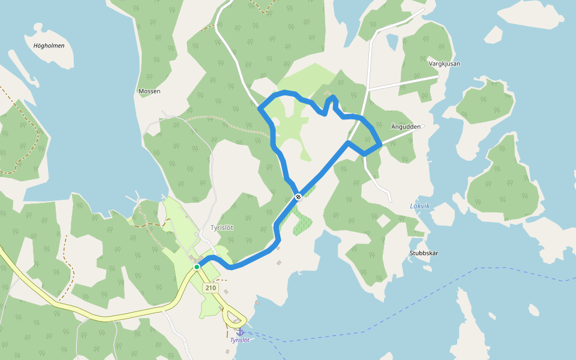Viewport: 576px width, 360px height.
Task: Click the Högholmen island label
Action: pos(49,46)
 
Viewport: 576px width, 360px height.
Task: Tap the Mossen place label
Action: pos(149,91)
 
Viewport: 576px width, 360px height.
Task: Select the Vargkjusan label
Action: pos(445,63)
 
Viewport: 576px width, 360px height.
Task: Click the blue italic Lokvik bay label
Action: pos(420,206)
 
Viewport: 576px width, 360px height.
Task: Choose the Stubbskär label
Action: pos(424,253)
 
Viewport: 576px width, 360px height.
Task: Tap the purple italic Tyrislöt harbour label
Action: pos(239,340)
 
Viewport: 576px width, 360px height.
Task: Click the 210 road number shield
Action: pos(210,288)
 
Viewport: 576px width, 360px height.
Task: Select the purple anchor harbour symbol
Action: pos(240,331)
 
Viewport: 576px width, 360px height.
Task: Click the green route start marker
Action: pos(197,267)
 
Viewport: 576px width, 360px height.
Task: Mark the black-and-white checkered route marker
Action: pos(298,196)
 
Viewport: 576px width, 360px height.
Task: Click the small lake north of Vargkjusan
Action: pos(392,41)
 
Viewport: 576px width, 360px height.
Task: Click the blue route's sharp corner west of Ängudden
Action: pos(349,142)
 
